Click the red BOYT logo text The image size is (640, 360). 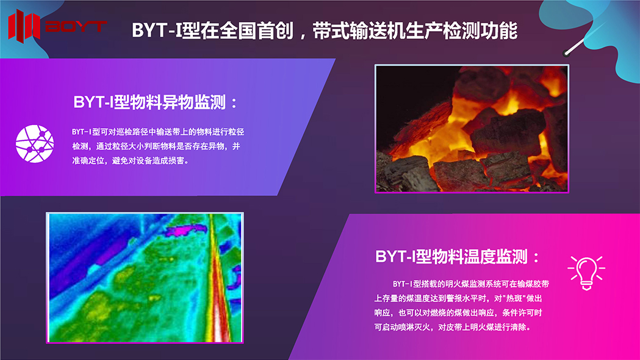[76, 26]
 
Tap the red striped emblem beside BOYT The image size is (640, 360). [24, 26]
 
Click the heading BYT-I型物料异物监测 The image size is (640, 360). [149, 102]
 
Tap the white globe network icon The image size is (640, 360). [35, 143]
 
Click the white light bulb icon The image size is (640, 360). [586, 273]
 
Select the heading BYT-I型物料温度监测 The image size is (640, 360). [451, 257]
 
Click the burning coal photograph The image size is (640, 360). [472, 129]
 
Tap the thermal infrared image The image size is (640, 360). [145, 278]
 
